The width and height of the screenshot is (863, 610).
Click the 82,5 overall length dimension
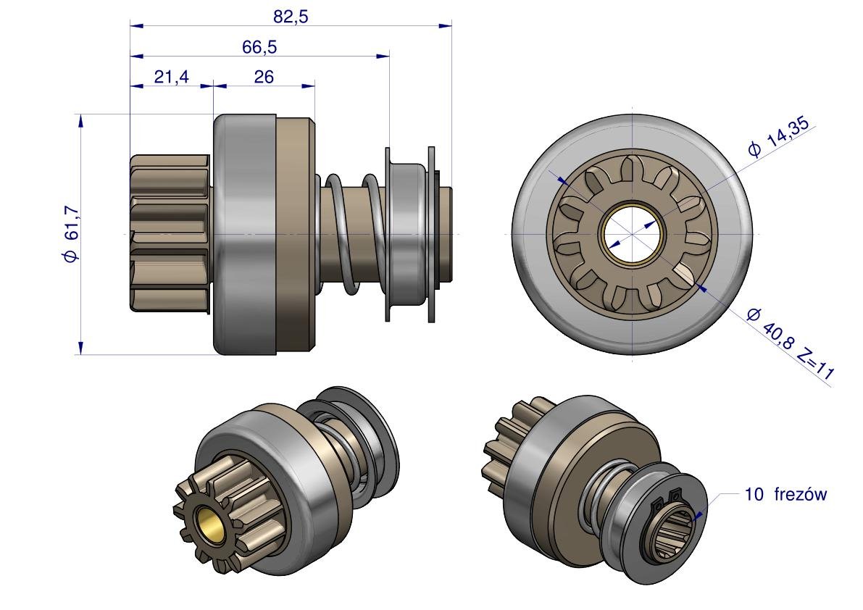pyautogui.click(x=291, y=17)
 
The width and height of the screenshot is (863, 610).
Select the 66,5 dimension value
pyautogui.click(x=259, y=47)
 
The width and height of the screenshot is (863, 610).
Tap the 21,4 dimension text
pyautogui.click(x=171, y=77)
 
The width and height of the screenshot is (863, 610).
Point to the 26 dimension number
pyautogui.click(x=264, y=77)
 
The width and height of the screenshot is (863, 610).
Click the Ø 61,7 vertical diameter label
pyautogui.click(x=72, y=234)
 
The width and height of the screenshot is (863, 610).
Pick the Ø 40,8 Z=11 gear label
pyautogui.click(x=791, y=344)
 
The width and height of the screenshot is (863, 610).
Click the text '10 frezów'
pyautogui.click(x=785, y=495)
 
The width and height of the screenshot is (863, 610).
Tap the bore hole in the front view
pyautogui.click(x=633, y=234)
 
